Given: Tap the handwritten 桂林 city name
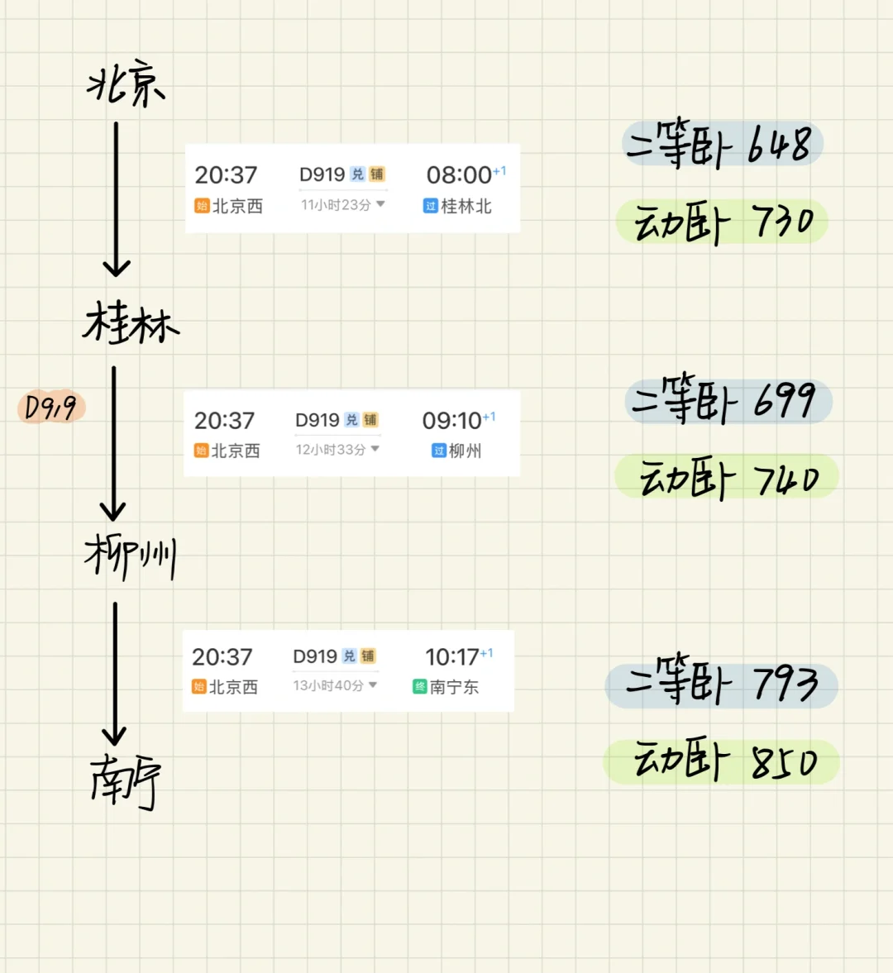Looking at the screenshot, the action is tap(131, 322).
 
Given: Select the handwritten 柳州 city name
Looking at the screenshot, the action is tap(131, 556).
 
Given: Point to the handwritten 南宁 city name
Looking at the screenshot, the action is tap(126, 782).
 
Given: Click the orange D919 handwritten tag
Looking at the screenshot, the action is tap(51, 407).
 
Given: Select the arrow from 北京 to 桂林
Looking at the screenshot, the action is tap(116, 199).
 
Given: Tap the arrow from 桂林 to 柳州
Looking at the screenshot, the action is tap(113, 443).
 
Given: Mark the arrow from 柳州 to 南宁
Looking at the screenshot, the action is tap(115, 673).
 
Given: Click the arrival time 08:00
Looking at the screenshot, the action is tap(459, 175).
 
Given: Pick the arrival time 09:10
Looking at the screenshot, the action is tap(451, 421).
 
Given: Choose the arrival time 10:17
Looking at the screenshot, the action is tap(451, 656).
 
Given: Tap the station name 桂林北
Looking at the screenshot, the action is tap(466, 206).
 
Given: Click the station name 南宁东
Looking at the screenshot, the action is tap(454, 687).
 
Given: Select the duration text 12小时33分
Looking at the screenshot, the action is tap(331, 449).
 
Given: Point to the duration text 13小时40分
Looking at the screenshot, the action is tap(328, 685).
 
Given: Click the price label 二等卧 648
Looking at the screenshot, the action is tap(723, 143).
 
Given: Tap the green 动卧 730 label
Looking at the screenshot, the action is tap(723, 222).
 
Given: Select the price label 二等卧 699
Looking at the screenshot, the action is tap(728, 400).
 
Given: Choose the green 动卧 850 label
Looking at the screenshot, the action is tap(721, 761).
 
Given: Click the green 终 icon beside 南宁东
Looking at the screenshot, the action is tap(419, 687).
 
